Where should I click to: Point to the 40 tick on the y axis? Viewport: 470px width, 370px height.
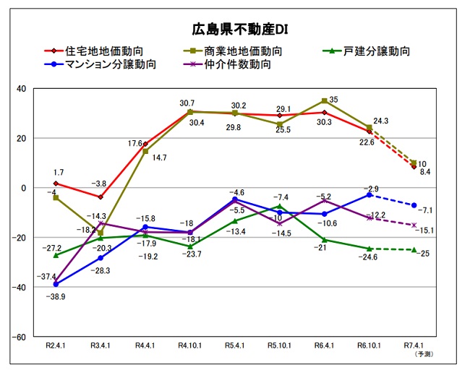pyautogui.click(x=21, y=89)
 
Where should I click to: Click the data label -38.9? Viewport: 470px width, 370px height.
pyautogui.click(x=56, y=297)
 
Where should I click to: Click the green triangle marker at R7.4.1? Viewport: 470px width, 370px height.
pyautogui.click(x=414, y=250)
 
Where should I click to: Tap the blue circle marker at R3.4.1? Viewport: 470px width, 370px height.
pyautogui.click(x=101, y=258)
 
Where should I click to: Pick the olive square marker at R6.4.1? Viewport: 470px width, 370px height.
pyautogui.click(x=324, y=101)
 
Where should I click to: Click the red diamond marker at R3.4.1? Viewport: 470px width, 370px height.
pyautogui.click(x=101, y=197)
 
